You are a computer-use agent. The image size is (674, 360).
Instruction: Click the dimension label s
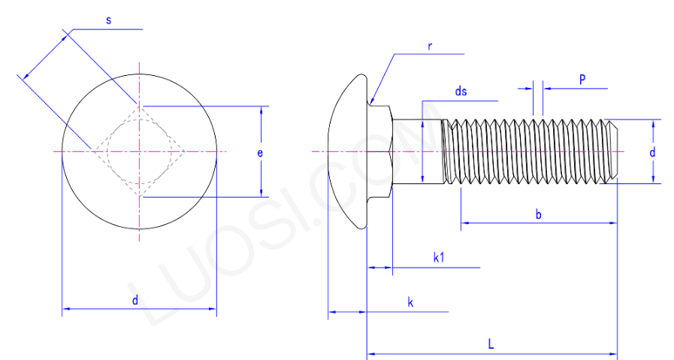pyautogui.click(x=108, y=20)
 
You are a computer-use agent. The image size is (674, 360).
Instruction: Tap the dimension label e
pyautogui.click(x=260, y=153)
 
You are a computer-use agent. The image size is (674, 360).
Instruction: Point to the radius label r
pyautogui.click(x=430, y=46)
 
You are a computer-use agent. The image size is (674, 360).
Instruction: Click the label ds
pyautogui.click(x=461, y=92)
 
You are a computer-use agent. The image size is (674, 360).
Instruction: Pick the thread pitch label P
pyautogui.click(x=582, y=79)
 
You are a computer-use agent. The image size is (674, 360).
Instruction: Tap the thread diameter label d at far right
pyautogui.click(x=652, y=153)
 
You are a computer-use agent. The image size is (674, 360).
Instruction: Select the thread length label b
pyautogui.click(x=538, y=215)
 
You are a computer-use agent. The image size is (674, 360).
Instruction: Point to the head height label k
pyautogui.click(x=410, y=302)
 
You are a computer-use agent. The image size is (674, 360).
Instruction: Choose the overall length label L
pyautogui.click(x=491, y=345)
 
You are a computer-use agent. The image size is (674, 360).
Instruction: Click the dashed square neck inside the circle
pyautogui.click(x=139, y=152)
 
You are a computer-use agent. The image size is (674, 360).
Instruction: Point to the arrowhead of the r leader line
pyautogui.click(x=372, y=101)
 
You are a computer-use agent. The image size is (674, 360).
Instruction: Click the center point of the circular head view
pyautogui.click(x=139, y=152)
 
